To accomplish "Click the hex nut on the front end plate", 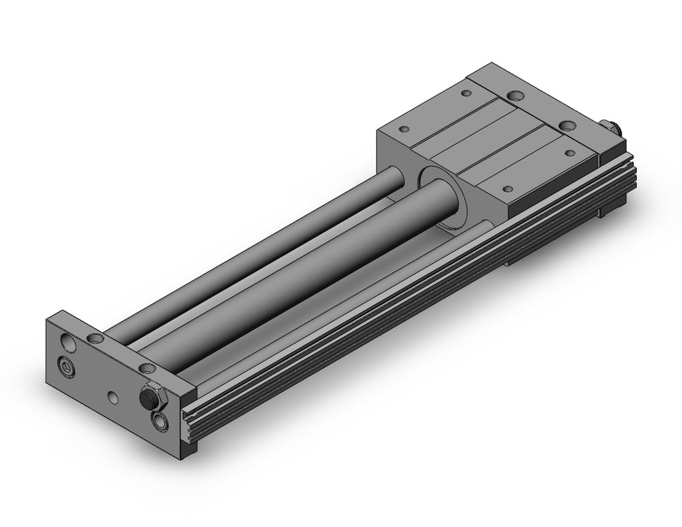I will pos(148,398).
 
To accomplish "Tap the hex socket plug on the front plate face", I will pos(66,369).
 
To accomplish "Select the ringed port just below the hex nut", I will pos(162,421).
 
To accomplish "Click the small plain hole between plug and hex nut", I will pos(113,396).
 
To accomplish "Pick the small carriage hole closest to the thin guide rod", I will pos(404,128).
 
